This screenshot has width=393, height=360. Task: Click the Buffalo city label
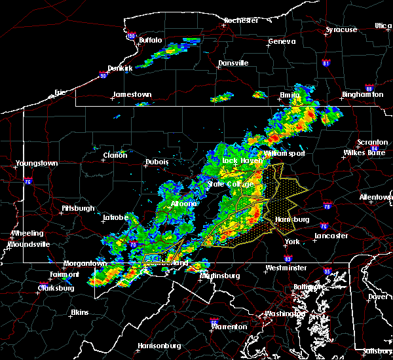(x=150, y=41)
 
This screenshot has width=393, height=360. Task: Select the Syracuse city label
(x=342, y=29)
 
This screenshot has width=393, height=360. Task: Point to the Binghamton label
(x=362, y=95)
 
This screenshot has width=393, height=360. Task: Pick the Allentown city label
(x=375, y=196)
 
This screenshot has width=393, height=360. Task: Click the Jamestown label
(x=132, y=94)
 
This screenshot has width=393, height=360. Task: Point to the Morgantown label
(x=84, y=263)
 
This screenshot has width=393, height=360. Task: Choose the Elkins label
(x=79, y=312)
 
